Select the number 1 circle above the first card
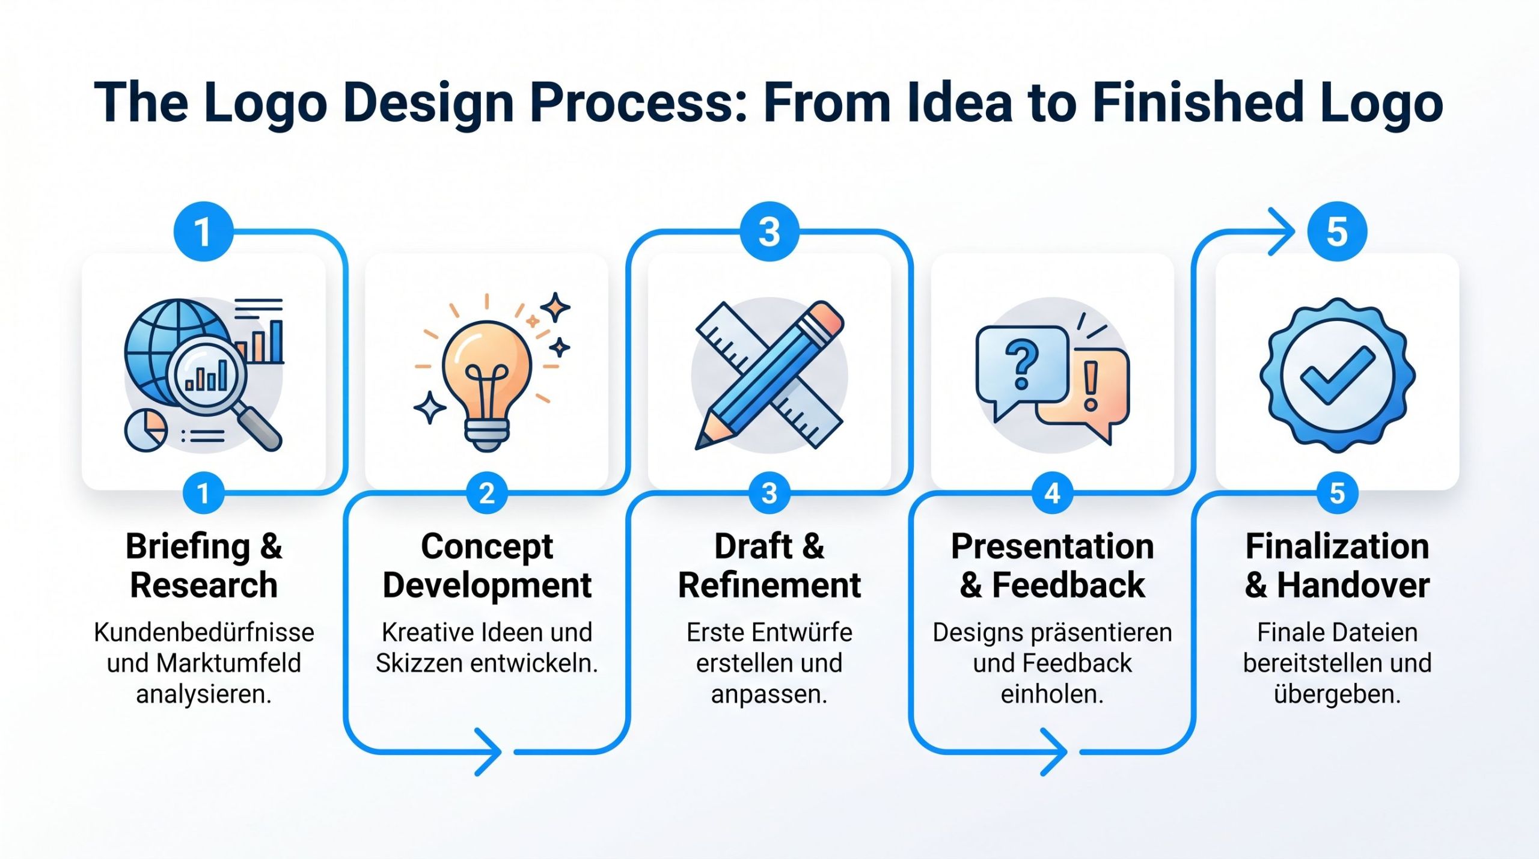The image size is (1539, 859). [203, 231]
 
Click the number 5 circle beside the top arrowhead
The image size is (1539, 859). [1337, 231]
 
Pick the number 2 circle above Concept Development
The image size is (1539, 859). [486, 494]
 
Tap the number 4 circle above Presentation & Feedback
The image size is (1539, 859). [1052, 494]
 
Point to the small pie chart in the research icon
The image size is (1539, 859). [145, 430]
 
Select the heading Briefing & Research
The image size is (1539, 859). [204, 565]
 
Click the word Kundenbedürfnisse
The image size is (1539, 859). [204, 632]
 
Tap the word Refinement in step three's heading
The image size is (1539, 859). [769, 585]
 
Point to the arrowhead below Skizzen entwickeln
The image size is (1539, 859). [488, 751]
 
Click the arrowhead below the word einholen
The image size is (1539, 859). [1053, 751]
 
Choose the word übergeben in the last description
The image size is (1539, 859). [1337, 694]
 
